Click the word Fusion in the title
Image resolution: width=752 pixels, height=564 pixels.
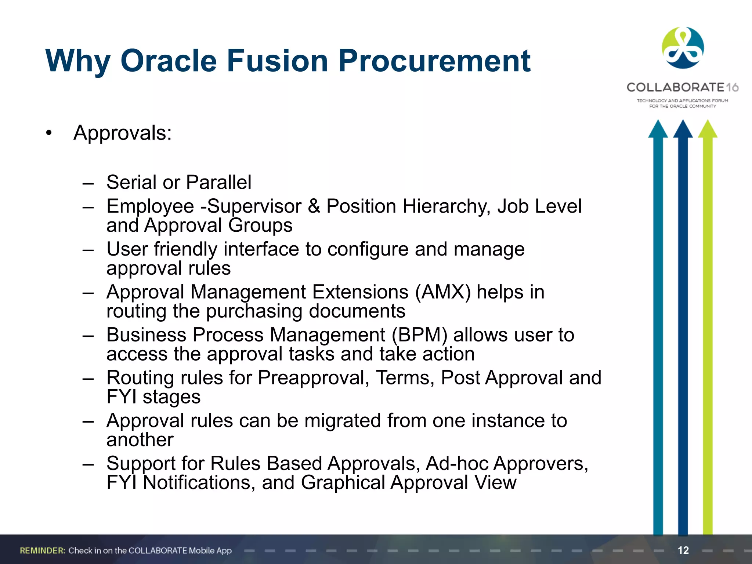277,61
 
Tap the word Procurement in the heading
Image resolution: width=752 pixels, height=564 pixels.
434,61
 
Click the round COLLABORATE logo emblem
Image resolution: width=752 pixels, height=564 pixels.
683,48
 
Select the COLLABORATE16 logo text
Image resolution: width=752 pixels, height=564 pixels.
682,87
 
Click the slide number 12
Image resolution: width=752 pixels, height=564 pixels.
683,550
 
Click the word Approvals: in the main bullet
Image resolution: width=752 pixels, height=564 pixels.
123,133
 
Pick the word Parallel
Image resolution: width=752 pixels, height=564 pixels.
218,182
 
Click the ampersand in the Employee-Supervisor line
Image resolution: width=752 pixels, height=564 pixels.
314,206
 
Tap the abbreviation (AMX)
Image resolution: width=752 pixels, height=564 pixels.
443,292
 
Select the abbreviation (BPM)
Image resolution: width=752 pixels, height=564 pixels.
419,335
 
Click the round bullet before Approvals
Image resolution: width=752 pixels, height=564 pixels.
49,133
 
